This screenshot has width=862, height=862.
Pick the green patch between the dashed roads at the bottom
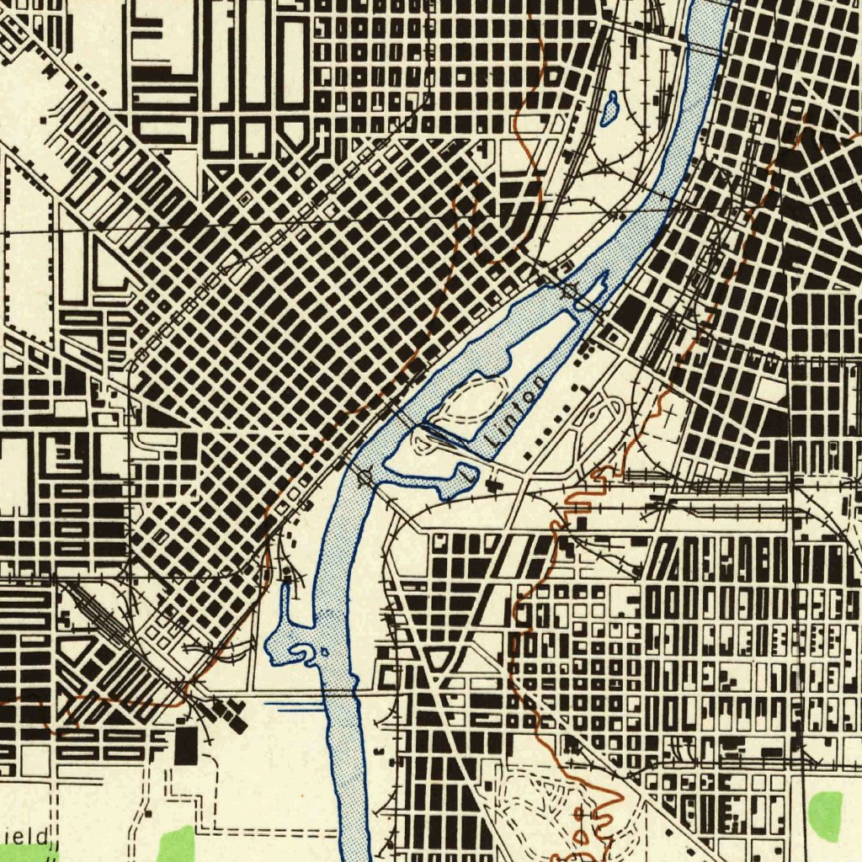(x=176, y=843)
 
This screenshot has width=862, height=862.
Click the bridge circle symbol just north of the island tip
(x=571, y=291)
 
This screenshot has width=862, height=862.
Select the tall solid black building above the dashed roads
(x=186, y=746)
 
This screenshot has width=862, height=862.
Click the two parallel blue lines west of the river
(x=295, y=705)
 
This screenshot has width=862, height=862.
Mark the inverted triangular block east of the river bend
(x=439, y=659)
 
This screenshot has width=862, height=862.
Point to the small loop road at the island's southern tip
(x=425, y=437)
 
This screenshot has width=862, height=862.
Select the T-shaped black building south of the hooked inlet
(x=491, y=484)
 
